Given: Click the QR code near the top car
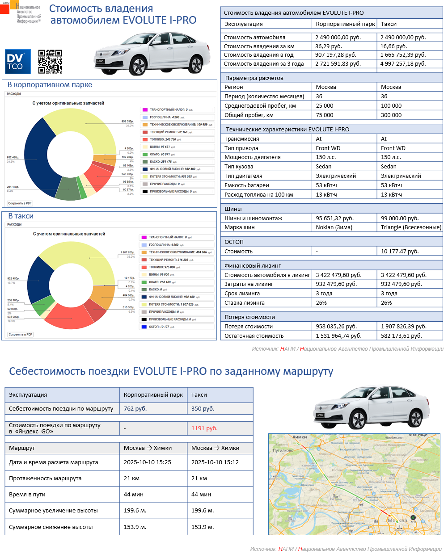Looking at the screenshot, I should [x=50, y=62].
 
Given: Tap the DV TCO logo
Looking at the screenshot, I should [x=18, y=62].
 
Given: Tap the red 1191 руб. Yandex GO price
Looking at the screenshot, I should [x=204, y=428].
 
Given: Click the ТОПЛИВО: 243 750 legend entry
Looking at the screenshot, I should [x=163, y=139].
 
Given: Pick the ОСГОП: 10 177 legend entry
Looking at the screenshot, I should [x=158, y=327].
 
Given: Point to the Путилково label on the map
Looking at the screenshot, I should [x=283, y=450].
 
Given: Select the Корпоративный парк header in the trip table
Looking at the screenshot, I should [x=153, y=395].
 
